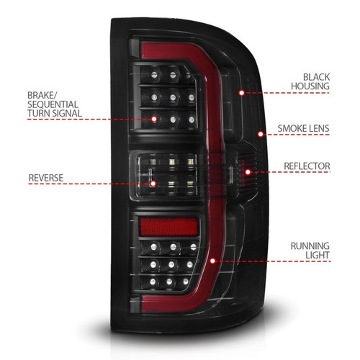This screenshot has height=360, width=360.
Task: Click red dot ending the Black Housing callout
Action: point(241,92)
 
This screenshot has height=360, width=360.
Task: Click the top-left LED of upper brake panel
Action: point(154,73)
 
